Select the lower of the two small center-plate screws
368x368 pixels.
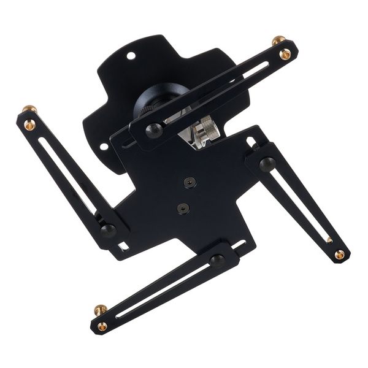(182, 208)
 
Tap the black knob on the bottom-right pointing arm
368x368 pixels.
(267, 164)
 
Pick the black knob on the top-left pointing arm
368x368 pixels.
(108, 231)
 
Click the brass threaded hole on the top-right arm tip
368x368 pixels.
(285, 54)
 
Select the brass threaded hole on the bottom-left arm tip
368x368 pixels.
(102, 326)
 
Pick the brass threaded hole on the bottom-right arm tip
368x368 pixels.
(339, 254)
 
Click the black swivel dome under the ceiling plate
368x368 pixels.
(156, 101)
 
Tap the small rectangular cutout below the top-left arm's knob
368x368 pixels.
(124, 246)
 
